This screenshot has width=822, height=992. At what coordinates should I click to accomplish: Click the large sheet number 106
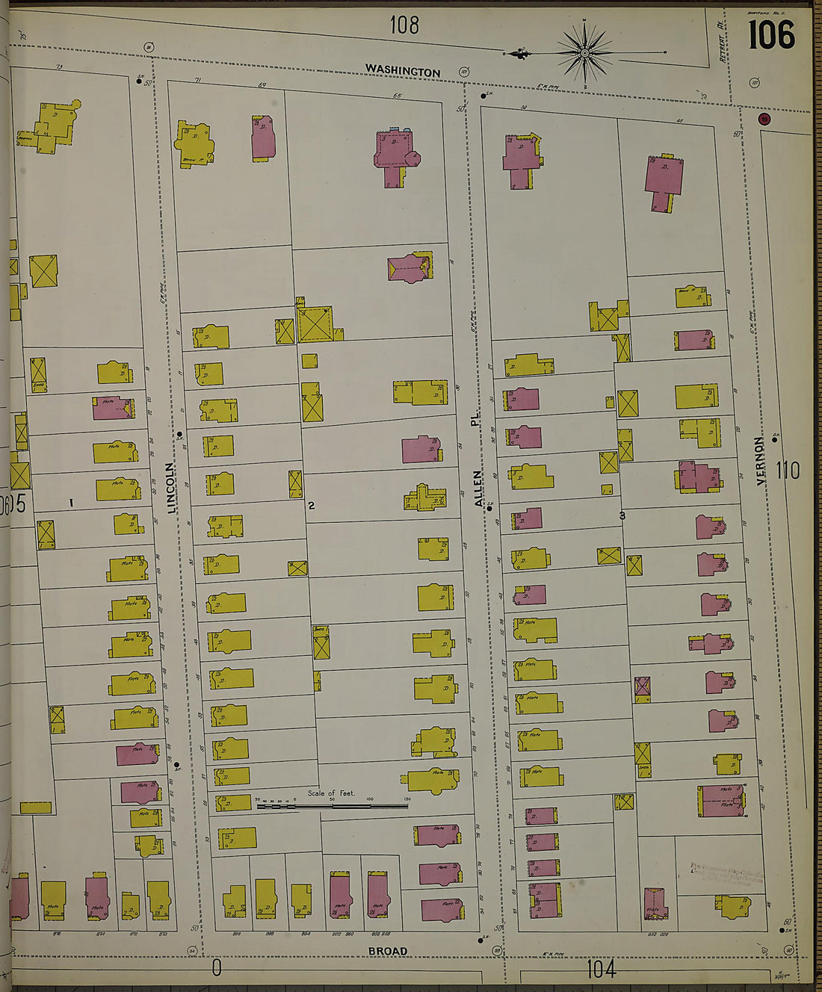coord(772,34)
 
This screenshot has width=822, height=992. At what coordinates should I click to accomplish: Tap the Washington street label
coord(402,71)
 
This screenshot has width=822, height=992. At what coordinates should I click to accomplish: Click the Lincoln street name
coord(172,488)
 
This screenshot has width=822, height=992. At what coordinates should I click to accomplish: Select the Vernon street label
coord(761,461)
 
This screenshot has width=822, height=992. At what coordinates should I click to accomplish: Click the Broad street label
coord(387,951)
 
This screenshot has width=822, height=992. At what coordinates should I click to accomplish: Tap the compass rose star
coord(585,53)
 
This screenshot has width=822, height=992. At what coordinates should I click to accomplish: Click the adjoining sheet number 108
coord(404,25)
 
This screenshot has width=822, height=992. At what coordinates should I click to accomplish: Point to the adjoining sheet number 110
coord(787,471)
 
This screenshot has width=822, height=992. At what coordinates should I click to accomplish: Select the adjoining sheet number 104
coord(601,970)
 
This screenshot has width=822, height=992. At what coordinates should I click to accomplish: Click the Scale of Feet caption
coord(331,793)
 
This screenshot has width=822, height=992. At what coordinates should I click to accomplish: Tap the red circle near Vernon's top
coord(764,119)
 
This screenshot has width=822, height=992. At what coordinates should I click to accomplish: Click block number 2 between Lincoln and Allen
coord(312,506)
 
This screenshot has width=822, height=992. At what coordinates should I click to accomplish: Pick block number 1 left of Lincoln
coord(71,503)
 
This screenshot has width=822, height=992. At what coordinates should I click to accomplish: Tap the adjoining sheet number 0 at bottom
coord(217,969)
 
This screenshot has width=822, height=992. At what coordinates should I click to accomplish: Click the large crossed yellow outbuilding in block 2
coord(315,324)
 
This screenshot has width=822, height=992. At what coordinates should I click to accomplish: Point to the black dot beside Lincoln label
coord(179,434)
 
